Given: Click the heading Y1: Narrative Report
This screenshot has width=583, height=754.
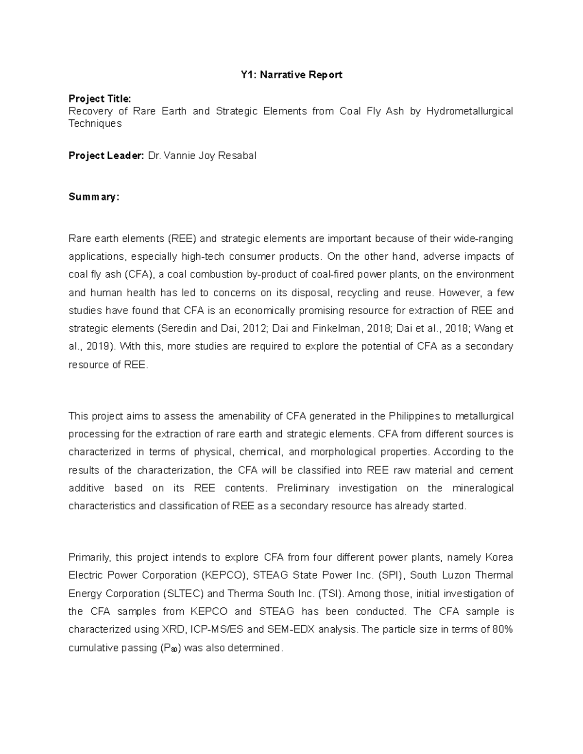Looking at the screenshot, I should [291, 75].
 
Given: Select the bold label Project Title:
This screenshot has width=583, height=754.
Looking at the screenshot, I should [100, 99].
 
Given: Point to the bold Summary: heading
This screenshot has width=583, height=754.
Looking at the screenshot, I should [93, 197].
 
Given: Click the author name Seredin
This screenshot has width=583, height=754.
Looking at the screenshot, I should [178, 329].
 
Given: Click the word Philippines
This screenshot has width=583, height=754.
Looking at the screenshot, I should [414, 416].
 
